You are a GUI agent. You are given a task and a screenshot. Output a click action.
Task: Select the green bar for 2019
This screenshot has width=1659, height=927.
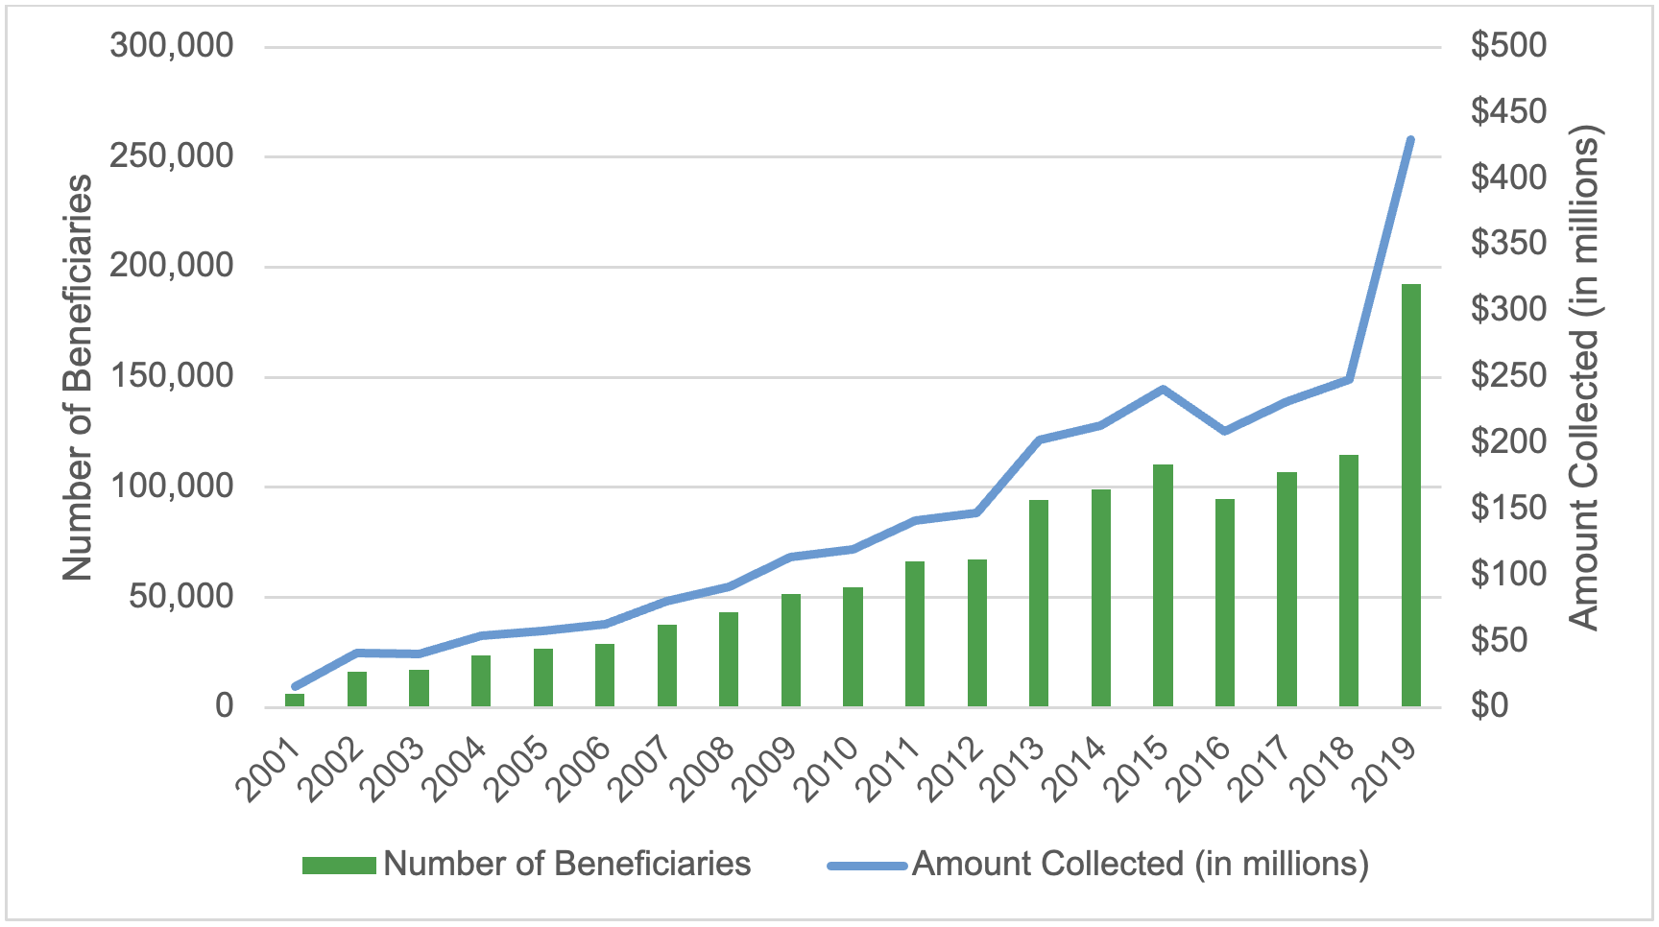pyautogui.click(x=1410, y=495)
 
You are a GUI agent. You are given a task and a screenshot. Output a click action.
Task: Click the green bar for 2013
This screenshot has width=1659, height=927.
pyautogui.click(x=1039, y=604)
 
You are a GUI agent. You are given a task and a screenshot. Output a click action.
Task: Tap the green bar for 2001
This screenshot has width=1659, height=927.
pyautogui.click(x=295, y=700)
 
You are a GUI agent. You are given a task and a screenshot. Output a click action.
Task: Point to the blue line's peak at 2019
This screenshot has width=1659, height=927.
pyautogui.click(x=1410, y=140)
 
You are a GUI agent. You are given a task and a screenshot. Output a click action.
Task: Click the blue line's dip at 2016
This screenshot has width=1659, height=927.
pyautogui.click(x=1225, y=431)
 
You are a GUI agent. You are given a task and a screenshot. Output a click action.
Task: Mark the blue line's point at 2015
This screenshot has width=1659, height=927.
pyautogui.click(x=1163, y=389)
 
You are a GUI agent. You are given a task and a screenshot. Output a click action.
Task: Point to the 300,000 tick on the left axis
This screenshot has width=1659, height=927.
pyautogui.click(x=172, y=45)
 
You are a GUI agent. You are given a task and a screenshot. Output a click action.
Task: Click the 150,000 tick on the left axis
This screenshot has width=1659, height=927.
pyautogui.click(x=172, y=376)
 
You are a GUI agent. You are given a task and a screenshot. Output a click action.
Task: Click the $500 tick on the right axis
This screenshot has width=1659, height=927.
pyautogui.click(x=1509, y=45)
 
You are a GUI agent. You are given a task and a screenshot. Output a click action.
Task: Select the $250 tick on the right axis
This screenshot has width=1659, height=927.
pyautogui.click(x=1509, y=376)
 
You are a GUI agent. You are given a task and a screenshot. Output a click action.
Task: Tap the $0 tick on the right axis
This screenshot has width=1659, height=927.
pyautogui.click(x=1490, y=706)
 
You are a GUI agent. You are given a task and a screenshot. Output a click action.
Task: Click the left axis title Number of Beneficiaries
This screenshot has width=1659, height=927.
pyautogui.click(x=78, y=376)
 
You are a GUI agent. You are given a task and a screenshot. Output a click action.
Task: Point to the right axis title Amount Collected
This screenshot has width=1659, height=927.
pyautogui.click(x=1584, y=376)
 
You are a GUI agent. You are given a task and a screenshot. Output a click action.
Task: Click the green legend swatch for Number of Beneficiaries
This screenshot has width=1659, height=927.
pyautogui.click(x=339, y=866)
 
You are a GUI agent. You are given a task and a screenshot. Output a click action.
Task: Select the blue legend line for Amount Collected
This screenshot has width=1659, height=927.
pyautogui.click(x=867, y=866)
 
